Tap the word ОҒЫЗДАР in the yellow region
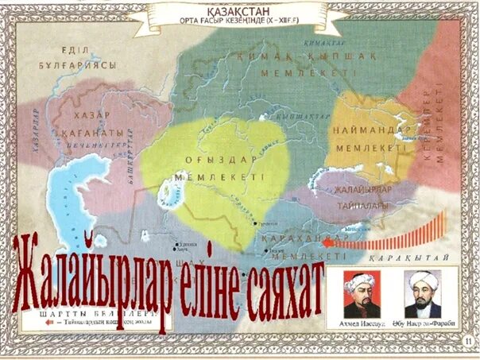[211, 158]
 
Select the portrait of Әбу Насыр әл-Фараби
[423, 296]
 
